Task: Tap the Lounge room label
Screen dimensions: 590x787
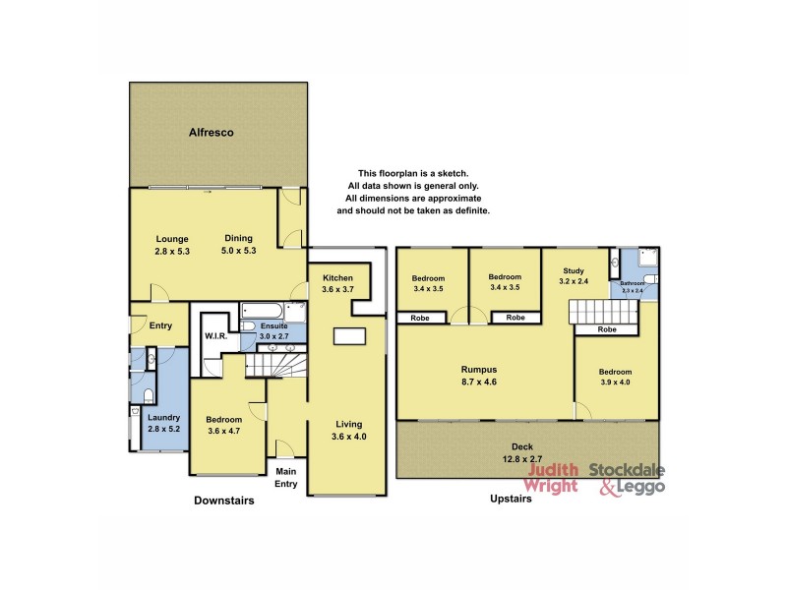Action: (172, 238)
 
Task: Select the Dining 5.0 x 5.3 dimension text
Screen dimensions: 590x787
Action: (239, 251)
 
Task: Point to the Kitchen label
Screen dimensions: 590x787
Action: (337, 278)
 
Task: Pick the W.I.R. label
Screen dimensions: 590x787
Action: (216, 336)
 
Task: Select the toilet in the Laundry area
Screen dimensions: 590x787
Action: (149, 396)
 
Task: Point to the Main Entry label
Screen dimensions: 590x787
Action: (286, 477)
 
